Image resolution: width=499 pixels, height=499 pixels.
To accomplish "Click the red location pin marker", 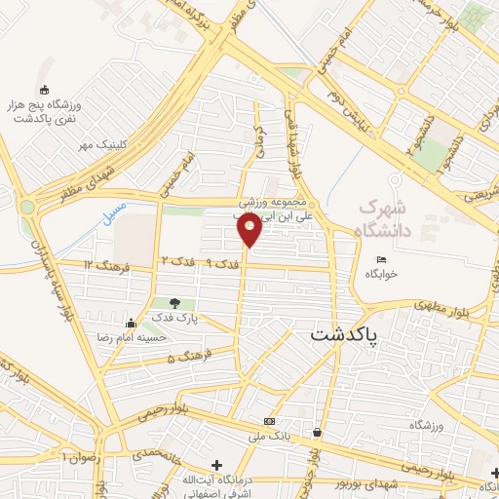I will [x=249, y=230].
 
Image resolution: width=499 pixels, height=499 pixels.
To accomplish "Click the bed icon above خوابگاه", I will [x=382, y=258].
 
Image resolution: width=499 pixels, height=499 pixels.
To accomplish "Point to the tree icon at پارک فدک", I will [x=174, y=303].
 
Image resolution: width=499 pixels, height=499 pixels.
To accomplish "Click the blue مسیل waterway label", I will [x=110, y=211].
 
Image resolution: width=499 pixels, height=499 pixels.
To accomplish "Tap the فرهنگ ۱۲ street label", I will [x=102, y=265].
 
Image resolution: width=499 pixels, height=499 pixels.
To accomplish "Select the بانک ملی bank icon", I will [x=268, y=421].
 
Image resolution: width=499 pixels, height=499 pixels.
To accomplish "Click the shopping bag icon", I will [x=318, y=432].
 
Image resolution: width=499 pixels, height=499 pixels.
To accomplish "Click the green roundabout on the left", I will [x=26, y=206].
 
